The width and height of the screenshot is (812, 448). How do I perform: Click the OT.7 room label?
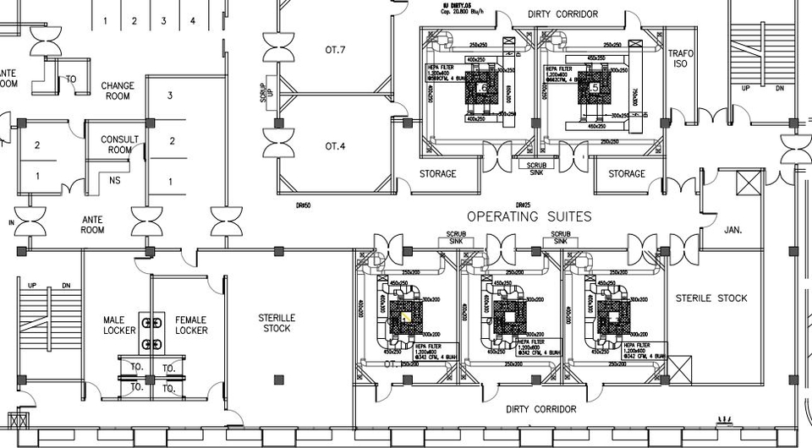pyautogui.click(x=336, y=50)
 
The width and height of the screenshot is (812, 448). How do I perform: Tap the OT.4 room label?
pyautogui.click(x=336, y=146)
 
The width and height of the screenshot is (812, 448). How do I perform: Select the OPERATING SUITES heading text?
pyautogui.click(x=529, y=217)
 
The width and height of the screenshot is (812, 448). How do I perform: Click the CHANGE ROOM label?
pyautogui.click(x=118, y=90)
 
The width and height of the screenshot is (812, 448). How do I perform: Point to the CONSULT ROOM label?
pyautogui.click(x=120, y=145)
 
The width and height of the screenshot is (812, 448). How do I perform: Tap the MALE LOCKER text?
pyautogui.click(x=119, y=325)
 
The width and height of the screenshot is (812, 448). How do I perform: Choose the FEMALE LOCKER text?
pyautogui.click(x=191, y=325)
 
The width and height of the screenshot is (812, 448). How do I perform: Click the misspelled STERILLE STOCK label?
pyautogui.click(x=277, y=322)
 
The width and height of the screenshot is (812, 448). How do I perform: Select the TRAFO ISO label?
pyautogui.click(x=681, y=58)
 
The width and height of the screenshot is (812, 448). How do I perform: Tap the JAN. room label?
pyautogui.click(x=732, y=228)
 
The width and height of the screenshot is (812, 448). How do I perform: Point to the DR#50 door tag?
pyautogui.click(x=304, y=205)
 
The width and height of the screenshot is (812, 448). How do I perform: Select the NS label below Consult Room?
pyautogui.click(x=114, y=180)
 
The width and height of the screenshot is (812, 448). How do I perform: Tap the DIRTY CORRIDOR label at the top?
pyautogui.click(x=562, y=14)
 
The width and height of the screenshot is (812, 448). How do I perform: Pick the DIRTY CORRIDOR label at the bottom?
pyautogui.click(x=541, y=409)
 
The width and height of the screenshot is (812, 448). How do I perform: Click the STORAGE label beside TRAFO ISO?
pyautogui.click(x=627, y=174)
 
